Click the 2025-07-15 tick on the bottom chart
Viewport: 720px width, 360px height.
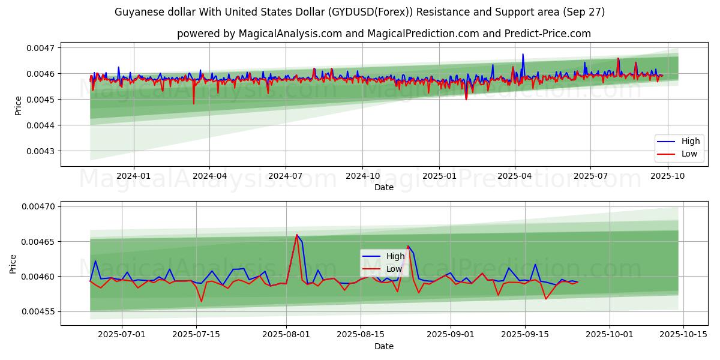[x=196, y=334]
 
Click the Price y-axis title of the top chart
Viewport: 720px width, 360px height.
[x=18, y=106]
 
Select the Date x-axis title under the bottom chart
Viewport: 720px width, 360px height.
[x=384, y=346]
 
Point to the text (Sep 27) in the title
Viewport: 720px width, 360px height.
[x=586, y=12]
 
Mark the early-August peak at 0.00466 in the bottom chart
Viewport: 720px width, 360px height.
[x=296, y=235]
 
